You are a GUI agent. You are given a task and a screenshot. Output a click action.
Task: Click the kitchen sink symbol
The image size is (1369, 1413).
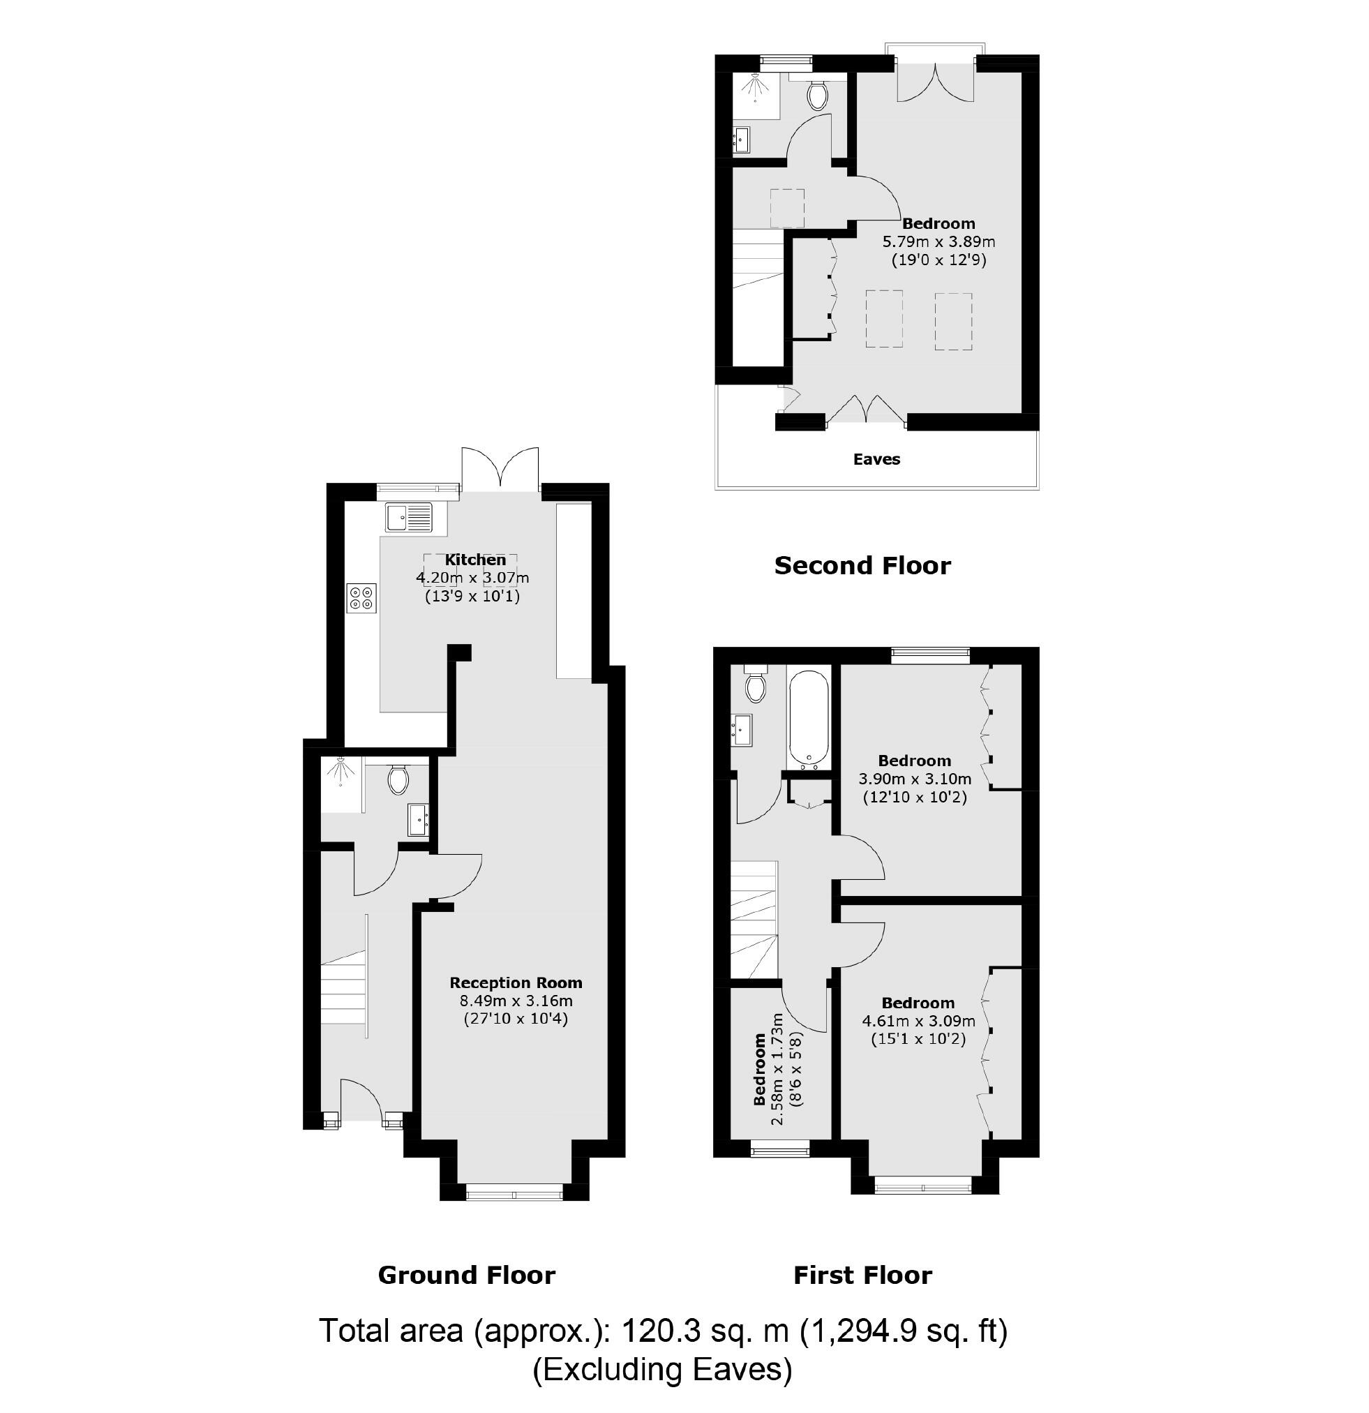click(409, 518)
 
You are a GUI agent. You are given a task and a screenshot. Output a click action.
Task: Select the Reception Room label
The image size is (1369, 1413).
click(516, 982)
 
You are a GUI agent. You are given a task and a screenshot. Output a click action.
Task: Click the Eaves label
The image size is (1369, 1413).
click(876, 459)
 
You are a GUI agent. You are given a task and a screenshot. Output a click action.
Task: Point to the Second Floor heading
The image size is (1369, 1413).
click(862, 565)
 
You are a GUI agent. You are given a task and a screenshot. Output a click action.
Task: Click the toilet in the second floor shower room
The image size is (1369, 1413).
click(818, 94)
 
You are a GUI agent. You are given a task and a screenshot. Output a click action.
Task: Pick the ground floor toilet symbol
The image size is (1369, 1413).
click(398, 779)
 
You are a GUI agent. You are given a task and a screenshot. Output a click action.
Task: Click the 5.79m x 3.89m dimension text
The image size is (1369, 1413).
click(938, 241)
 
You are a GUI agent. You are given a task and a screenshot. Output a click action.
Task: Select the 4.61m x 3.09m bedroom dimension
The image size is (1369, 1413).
click(918, 1021)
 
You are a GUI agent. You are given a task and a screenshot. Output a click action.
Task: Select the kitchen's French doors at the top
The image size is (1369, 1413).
click(501, 470)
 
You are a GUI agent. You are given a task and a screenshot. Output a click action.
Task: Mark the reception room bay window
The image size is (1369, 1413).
click(514, 1195)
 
